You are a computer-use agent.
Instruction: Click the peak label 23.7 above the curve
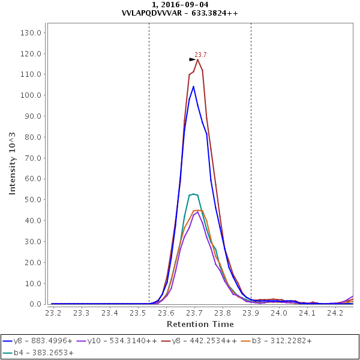click(200, 55)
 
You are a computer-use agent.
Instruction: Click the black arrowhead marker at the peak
click(193, 59)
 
